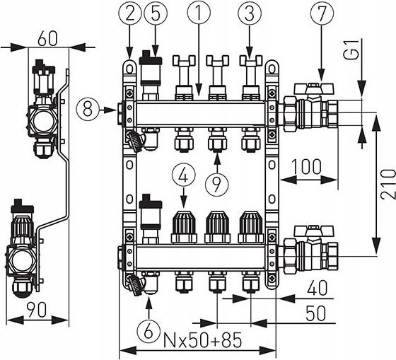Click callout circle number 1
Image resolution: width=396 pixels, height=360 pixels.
199,13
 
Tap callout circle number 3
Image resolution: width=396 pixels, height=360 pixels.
250,13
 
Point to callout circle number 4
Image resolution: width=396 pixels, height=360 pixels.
184,175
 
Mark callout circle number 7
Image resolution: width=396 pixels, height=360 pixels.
322,13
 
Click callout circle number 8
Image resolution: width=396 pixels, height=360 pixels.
88,110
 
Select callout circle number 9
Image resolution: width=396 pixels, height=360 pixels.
216,183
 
